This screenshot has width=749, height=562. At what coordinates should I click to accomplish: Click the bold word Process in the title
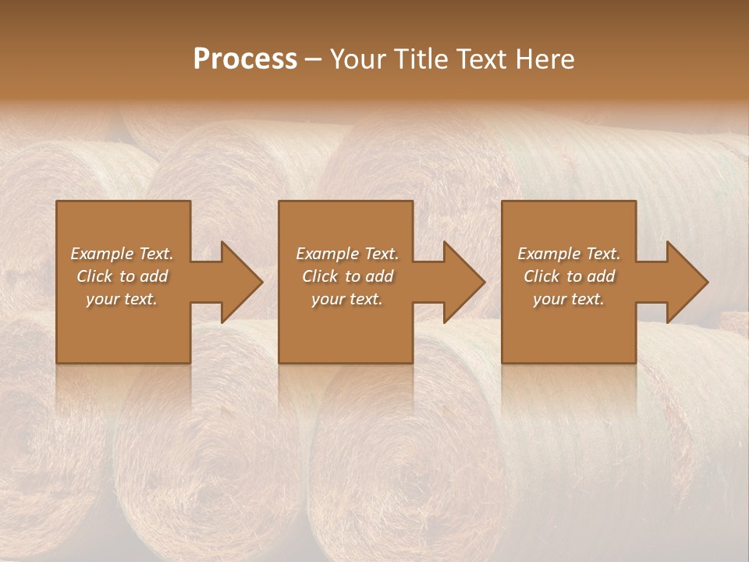click(x=245, y=59)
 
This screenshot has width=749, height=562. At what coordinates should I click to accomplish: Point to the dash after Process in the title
click(x=314, y=60)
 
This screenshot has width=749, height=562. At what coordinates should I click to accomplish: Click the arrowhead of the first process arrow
click(x=242, y=282)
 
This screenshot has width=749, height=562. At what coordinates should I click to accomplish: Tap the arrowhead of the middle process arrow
click(x=464, y=282)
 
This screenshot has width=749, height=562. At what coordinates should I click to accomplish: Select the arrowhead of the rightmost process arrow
click(x=687, y=282)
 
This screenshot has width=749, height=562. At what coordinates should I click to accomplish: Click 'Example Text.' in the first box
click(x=122, y=254)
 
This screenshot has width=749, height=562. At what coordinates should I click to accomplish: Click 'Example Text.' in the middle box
click(x=347, y=254)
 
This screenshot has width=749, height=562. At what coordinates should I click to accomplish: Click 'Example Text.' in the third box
click(x=569, y=254)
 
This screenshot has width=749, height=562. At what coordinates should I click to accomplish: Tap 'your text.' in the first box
click(x=122, y=299)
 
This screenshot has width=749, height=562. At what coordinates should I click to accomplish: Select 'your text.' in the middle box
click(x=347, y=299)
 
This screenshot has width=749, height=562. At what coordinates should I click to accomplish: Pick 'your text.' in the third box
click(x=569, y=299)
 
